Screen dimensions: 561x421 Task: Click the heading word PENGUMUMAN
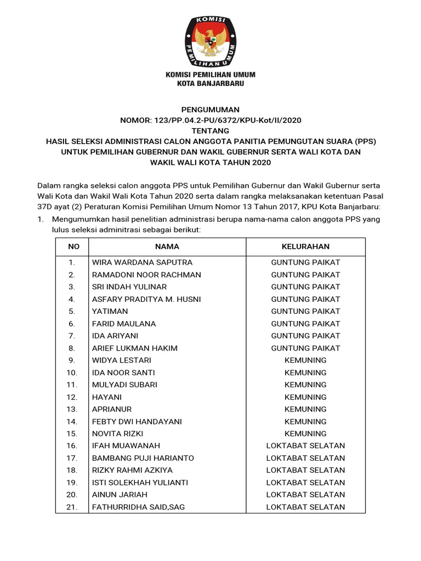[210, 110]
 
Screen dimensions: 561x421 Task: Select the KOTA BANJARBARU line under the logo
[210, 84]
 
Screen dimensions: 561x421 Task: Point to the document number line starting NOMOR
[210, 120]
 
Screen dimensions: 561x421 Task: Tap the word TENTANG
[210, 130]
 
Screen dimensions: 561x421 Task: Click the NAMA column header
[167, 247]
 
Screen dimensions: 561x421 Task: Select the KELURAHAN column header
[305, 247]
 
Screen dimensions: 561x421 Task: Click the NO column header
[73, 247]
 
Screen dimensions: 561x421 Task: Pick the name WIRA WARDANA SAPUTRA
[142, 262]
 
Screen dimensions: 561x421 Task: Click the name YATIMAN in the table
[110, 311]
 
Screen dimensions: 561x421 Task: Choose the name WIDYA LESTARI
[122, 360]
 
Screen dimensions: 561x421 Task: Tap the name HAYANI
[107, 397]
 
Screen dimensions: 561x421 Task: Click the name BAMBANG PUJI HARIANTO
[143, 458]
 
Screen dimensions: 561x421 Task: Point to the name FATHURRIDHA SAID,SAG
[138, 507]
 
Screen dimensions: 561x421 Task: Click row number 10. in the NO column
[72, 373]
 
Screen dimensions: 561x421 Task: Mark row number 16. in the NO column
[72, 446]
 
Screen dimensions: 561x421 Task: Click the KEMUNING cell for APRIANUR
[305, 409]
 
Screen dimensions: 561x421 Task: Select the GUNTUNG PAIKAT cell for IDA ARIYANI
[305, 336]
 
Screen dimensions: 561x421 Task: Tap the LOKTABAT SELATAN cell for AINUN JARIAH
[305, 495]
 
